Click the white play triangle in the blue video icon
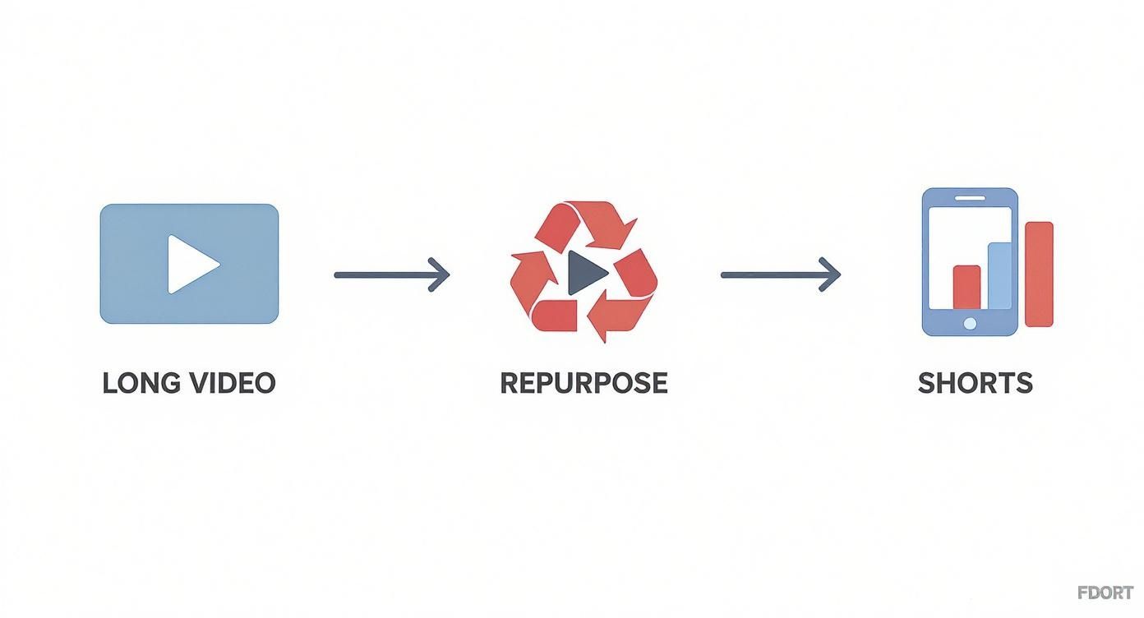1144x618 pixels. [x=191, y=264]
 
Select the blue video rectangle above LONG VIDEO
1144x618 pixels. [x=131, y=238]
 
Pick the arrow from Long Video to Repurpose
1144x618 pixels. [x=386, y=274]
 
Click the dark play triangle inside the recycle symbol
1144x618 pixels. [x=586, y=271]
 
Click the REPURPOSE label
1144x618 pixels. [x=584, y=383]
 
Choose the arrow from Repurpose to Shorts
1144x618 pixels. [x=773, y=274]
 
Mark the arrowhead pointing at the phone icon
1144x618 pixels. [x=832, y=274]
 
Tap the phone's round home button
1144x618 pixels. [x=970, y=324]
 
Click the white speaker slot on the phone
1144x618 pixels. [x=970, y=199]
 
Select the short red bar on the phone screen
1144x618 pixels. [x=966, y=287]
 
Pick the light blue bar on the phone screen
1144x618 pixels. [x=999, y=276]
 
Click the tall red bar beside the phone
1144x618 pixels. [x=1039, y=274]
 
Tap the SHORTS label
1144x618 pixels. [x=975, y=383]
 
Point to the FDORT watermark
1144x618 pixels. [x=1105, y=593]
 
